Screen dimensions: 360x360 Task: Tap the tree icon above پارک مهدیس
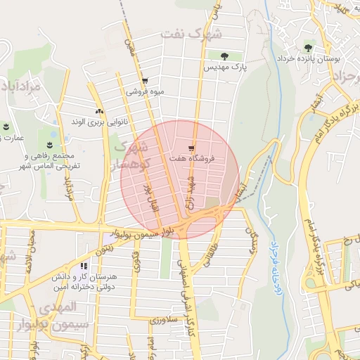pyautogui.click(x=224, y=56)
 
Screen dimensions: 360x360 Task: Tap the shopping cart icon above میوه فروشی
pyautogui.click(x=144, y=80)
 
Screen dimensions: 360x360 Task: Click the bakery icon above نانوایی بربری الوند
pyautogui.click(x=98, y=110)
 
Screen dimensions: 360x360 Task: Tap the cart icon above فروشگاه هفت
pyautogui.click(x=191, y=148)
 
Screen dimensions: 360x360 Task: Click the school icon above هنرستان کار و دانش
pyautogui.click(x=84, y=266)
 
